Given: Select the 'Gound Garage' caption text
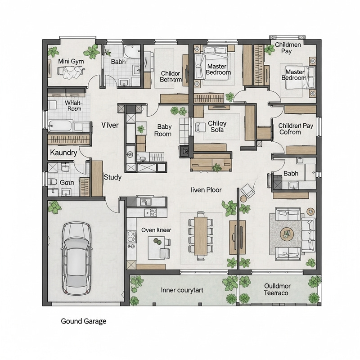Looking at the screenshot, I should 84,322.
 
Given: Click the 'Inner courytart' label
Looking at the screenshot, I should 182,290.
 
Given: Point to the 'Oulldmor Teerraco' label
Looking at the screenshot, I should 276,289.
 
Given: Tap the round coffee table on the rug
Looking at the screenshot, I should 286,233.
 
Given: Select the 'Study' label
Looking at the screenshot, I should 112,177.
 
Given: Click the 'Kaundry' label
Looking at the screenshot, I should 63,153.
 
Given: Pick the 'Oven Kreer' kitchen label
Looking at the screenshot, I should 156,230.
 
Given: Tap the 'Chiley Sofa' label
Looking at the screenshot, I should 217,127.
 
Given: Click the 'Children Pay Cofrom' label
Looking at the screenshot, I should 296,129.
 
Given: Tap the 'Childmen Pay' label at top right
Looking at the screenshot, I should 289,48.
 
